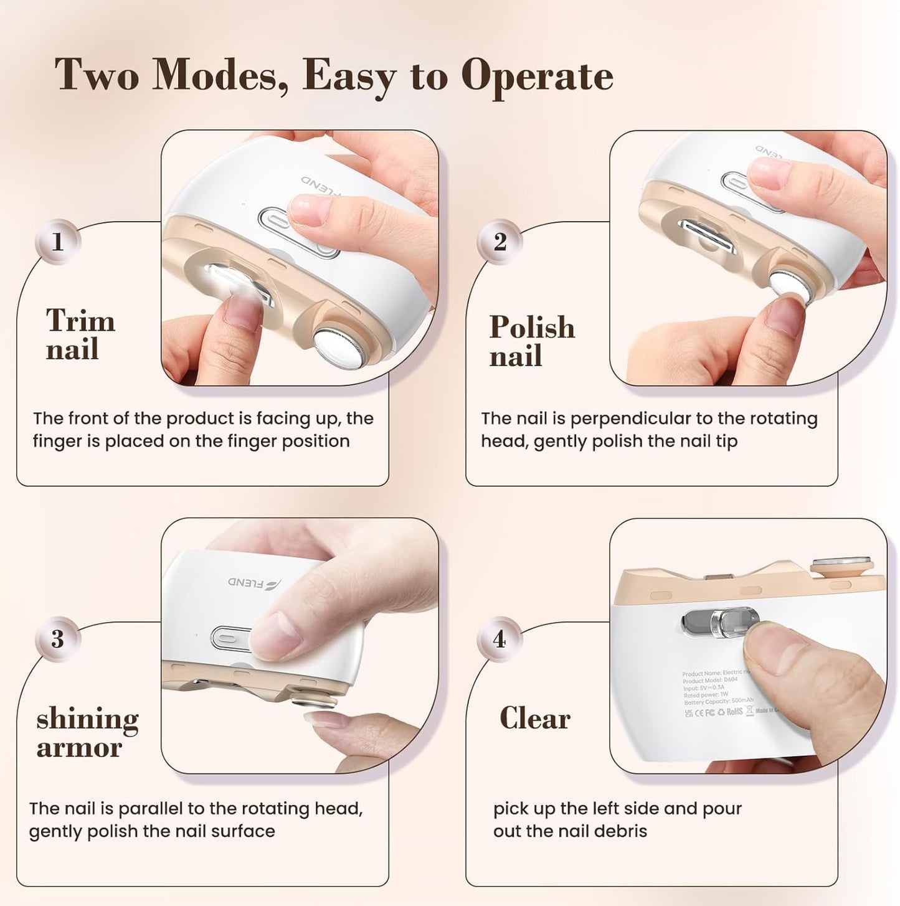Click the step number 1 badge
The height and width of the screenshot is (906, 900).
coord(58,242)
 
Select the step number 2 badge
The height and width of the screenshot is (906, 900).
coord(500,242)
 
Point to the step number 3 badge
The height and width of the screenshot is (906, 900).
coord(58,639)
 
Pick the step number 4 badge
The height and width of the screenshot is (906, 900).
coord(500,639)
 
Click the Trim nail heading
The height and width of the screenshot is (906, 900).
coord(80,334)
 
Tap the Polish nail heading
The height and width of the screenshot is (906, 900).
coord(531,341)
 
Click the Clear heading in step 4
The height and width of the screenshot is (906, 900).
coord(534,718)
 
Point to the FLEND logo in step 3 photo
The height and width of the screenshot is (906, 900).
coord(254,583)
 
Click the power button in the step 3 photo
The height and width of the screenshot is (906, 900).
coord(228,638)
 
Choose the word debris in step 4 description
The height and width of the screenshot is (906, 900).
coord(620,831)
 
